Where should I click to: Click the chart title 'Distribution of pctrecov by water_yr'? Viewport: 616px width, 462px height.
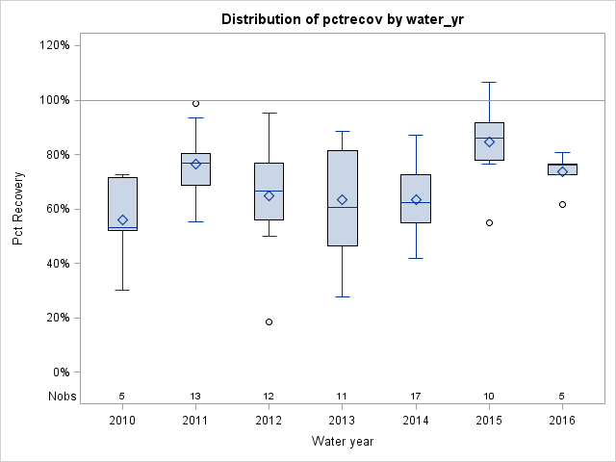click(x=342, y=19)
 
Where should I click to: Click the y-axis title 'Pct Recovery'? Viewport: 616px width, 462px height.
click(x=18, y=208)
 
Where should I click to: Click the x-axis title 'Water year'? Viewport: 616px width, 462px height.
click(x=342, y=442)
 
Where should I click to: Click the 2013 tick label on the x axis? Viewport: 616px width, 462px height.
click(x=342, y=421)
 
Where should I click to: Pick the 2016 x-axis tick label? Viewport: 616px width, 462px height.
click(x=562, y=421)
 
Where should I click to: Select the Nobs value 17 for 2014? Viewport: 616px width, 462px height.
click(x=416, y=396)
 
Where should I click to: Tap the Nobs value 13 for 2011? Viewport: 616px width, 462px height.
click(x=195, y=396)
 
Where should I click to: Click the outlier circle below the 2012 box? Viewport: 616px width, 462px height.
click(x=269, y=321)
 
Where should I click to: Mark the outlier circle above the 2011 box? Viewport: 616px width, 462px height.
click(x=195, y=103)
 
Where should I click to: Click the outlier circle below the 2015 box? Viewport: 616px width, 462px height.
click(x=489, y=222)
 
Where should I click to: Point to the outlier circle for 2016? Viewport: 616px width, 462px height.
click(x=562, y=204)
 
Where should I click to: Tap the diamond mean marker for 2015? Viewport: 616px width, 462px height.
click(x=489, y=141)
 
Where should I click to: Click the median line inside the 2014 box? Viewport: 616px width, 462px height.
click(x=416, y=203)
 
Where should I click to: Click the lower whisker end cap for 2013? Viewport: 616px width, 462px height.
click(x=342, y=296)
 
